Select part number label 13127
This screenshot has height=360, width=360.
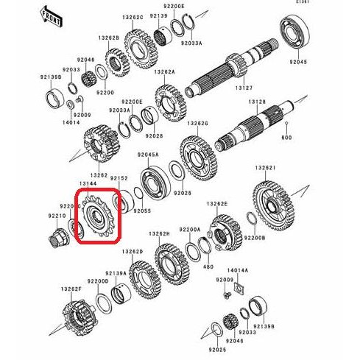tap(243, 88)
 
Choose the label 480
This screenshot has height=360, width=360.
tap(208, 267)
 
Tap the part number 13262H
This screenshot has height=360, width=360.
tap(160, 233)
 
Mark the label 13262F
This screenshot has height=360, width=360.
tap(71, 289)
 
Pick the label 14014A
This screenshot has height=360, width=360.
tap(237, 271)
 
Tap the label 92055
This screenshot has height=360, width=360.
tap(142, 211)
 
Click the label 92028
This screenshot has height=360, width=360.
tap(153, 136)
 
